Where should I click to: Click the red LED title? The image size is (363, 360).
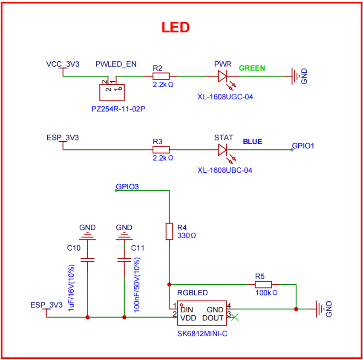[x=176, y=28]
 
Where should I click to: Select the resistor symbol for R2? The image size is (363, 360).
[x=161, y=76]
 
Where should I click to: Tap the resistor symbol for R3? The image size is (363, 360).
[x=161, y=150]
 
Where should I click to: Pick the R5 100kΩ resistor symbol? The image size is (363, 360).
[x=263, y=284]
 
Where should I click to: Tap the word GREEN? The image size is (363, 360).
[x=252, y=68]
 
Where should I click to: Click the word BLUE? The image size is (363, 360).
[x=252, y=142]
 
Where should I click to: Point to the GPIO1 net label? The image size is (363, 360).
[x=303, y=146]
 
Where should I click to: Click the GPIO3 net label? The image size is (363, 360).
[x=127, y=186]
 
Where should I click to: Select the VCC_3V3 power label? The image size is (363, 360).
[x=63, y=64]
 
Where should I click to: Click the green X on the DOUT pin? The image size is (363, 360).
[x=234, y=317]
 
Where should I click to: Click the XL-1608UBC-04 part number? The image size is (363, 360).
[x=225, y=170]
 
